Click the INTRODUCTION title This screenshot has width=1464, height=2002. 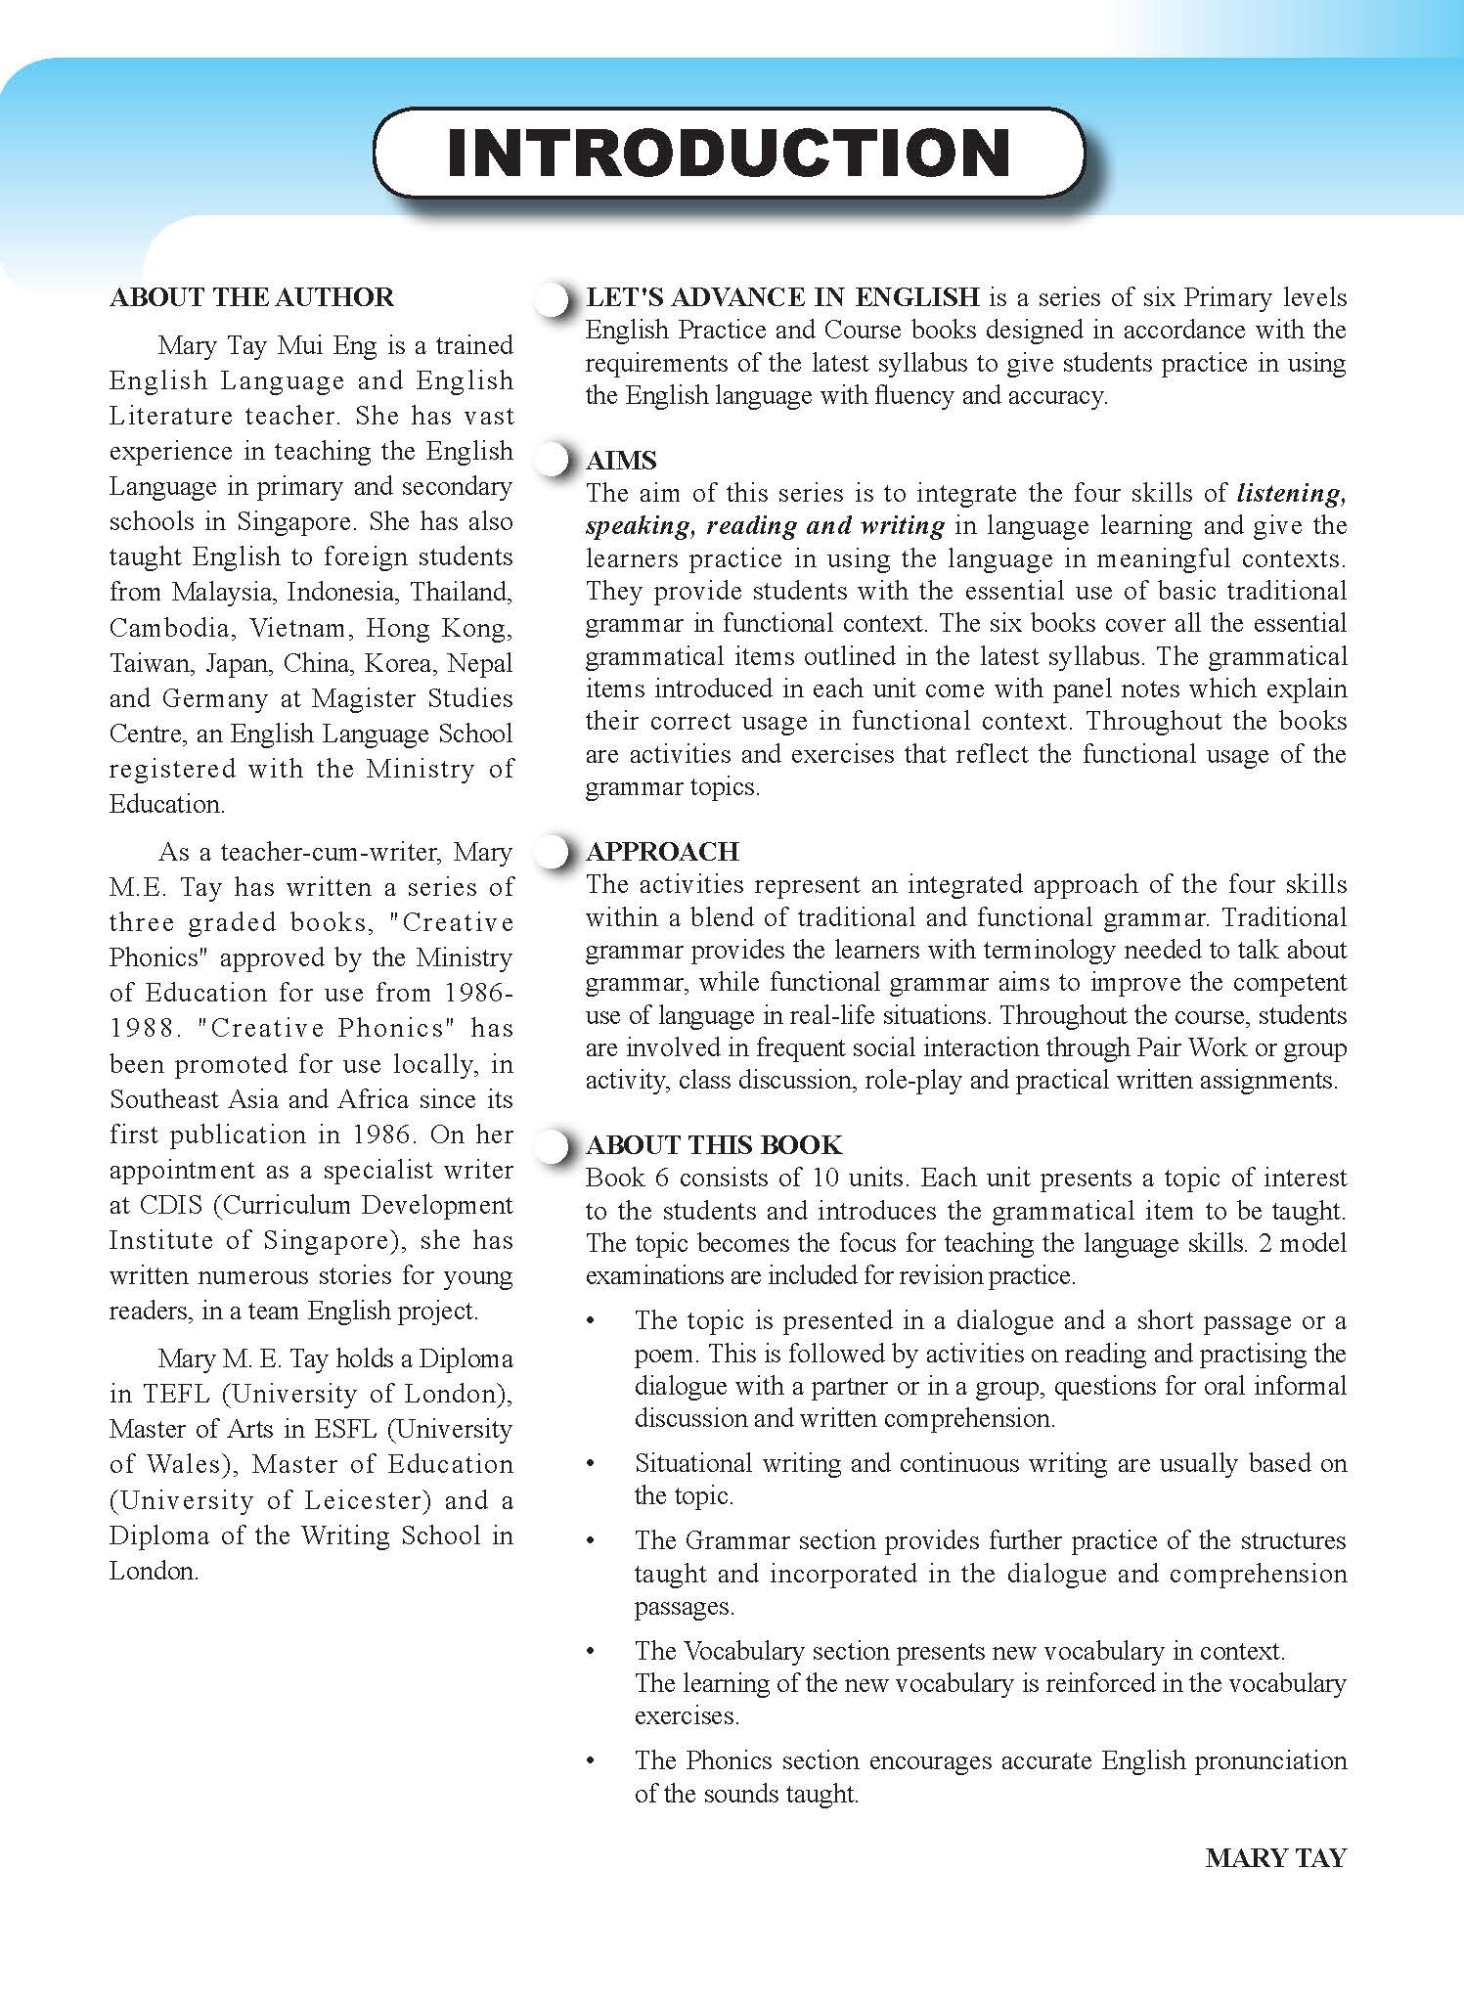point(729,154)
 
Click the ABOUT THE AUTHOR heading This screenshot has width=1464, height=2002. point(251,297)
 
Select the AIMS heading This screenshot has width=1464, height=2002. point(620,461)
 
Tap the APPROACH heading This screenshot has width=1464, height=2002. point(662,851)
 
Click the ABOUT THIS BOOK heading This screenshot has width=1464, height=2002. point(713,1144)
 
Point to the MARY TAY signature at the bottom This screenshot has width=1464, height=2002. point(1275,1858)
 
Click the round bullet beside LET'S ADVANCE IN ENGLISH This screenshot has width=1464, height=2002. point(553,299)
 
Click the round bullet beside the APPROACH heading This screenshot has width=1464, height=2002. point(553,852)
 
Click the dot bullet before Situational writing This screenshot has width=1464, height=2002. point(590,1465)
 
